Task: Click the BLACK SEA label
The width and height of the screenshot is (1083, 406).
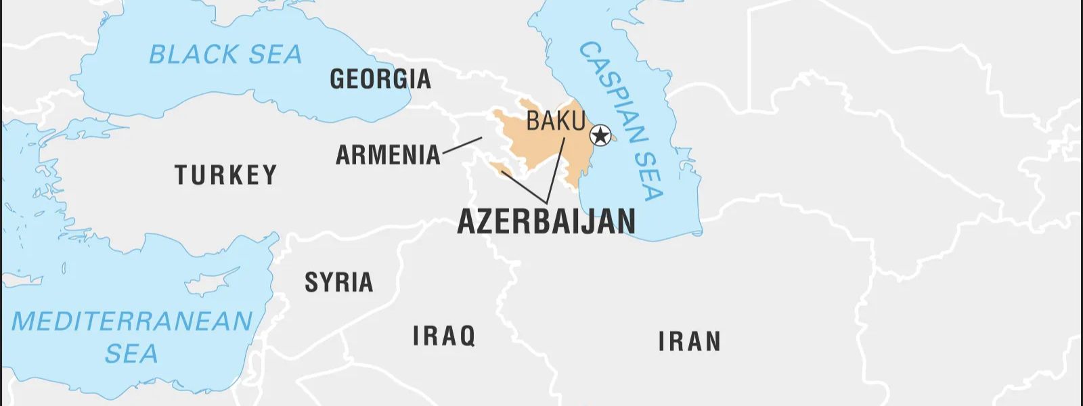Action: [x=225, y=55]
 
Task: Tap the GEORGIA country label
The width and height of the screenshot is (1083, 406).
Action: [x=380, y=79]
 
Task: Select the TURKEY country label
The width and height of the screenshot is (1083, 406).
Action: [x=226, y=175]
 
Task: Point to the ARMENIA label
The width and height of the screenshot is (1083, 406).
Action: [x=388, y=155]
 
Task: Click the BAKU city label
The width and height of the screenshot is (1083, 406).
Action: [x=555, y=121]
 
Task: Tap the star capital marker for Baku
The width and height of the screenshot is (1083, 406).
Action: [x=600, y=136]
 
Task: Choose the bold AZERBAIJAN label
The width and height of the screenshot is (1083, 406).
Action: [x=546, y=221]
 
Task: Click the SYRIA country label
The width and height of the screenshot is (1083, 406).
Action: [x=338, y=282]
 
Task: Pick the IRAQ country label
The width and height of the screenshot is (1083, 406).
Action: [x=444, y=336]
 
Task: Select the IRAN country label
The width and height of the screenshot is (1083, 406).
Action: [x=690, y=342]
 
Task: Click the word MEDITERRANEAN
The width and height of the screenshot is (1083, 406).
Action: [x=132, y=321]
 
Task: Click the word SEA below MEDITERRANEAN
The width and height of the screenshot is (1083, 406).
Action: [x=131, y=354]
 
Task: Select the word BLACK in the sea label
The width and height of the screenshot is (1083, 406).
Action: [x=193, y=55]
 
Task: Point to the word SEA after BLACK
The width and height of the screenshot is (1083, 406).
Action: [x=275, y=55]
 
